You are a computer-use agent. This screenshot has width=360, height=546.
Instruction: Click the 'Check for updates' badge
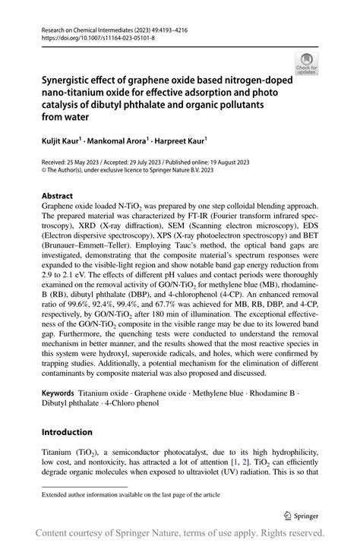point(308,63)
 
